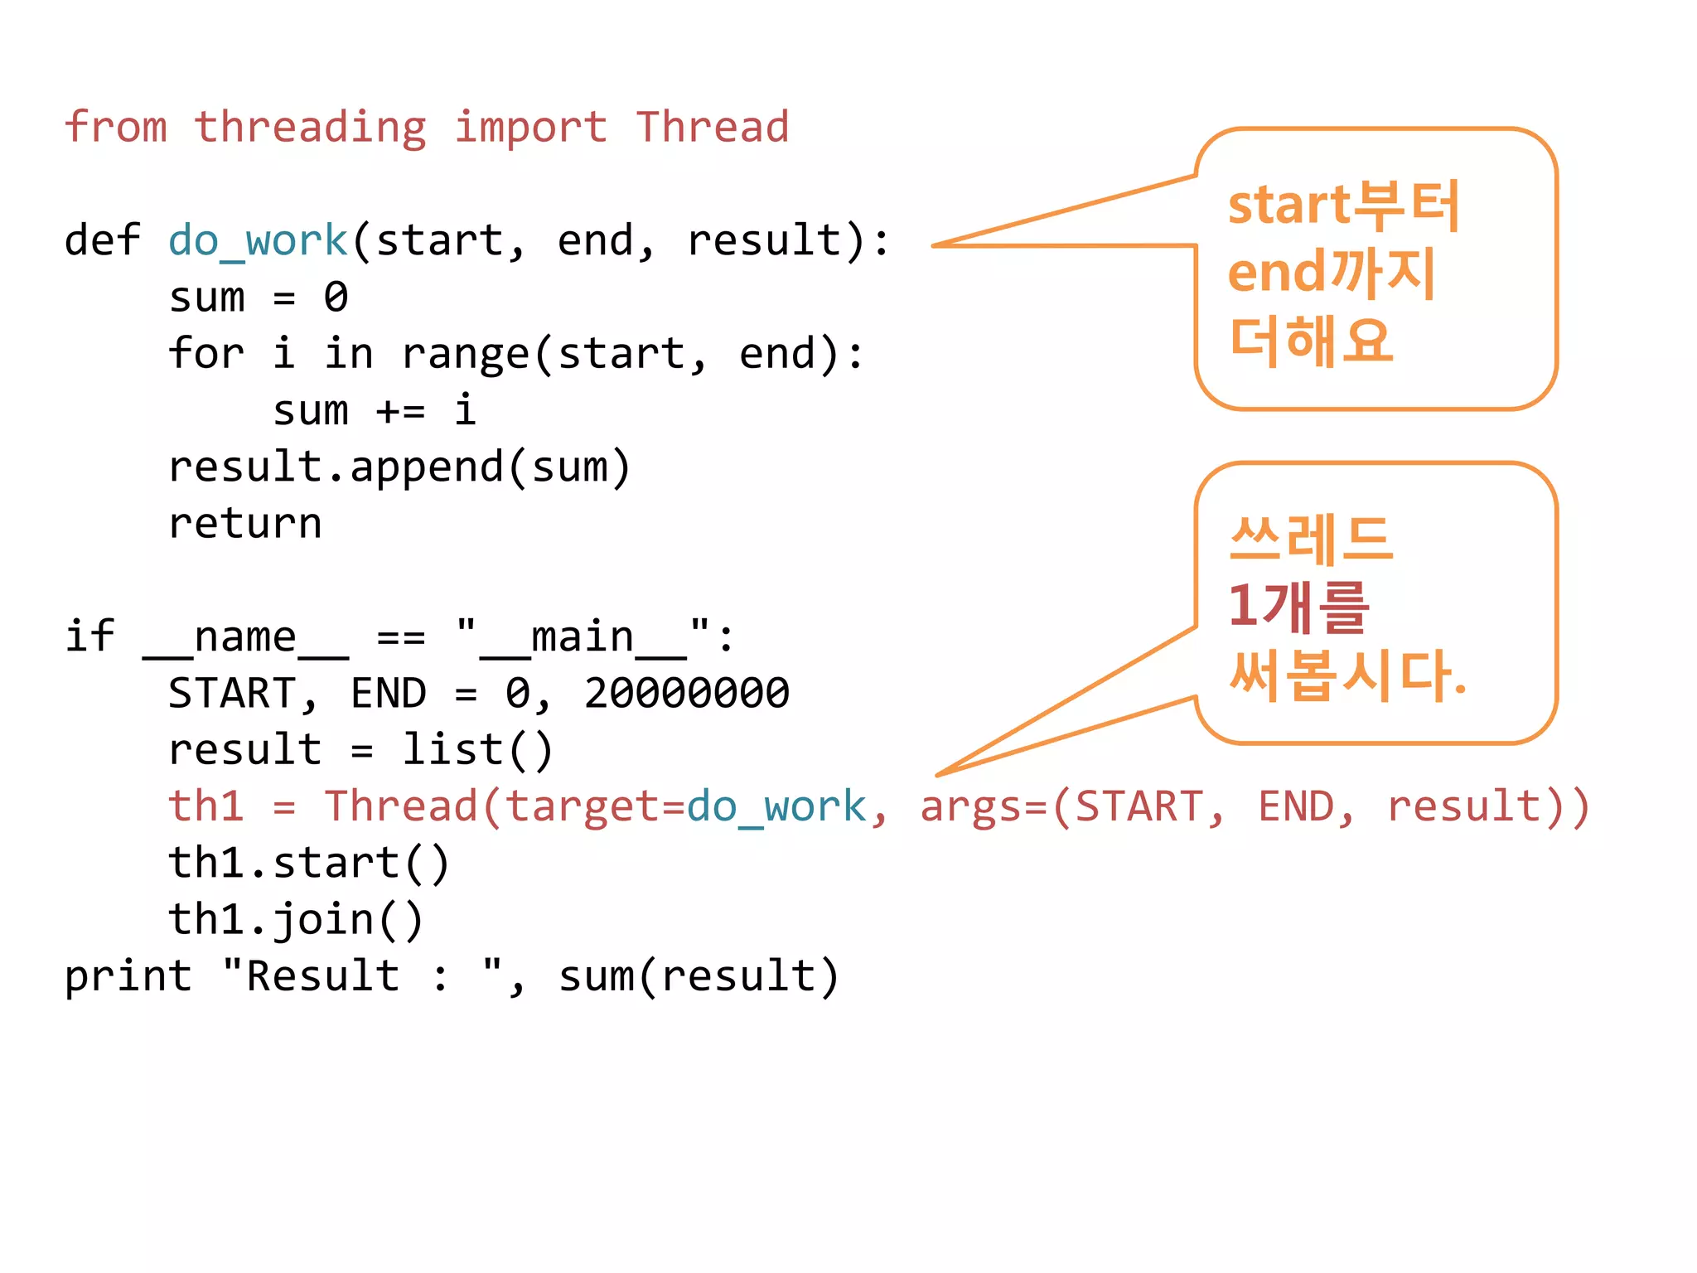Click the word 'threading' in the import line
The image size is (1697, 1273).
[311, 128]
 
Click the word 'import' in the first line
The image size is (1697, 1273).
[530, 128]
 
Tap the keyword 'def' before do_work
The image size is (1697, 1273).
[102, 241]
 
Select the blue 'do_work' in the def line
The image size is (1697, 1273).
[258, 241]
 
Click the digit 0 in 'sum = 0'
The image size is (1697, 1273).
[336, 298]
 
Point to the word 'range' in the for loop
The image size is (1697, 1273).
[465, 355]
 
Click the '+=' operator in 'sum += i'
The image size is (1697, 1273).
[400, 411]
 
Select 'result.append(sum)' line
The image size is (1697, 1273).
[399, 468]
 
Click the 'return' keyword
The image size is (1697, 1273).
[245, 524]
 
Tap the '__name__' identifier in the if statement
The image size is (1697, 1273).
[246, 638]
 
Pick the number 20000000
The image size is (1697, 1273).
[686, 694]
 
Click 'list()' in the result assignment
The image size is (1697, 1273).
[477, 751]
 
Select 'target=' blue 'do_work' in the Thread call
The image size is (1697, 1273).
[776, 807]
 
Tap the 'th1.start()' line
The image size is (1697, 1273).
[309, 864]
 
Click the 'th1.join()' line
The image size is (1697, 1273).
[296, 921]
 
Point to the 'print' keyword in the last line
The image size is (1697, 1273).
[128, 977]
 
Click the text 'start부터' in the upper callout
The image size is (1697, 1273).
[1343, 205]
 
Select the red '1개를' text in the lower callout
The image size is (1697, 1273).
[1298, 607]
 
